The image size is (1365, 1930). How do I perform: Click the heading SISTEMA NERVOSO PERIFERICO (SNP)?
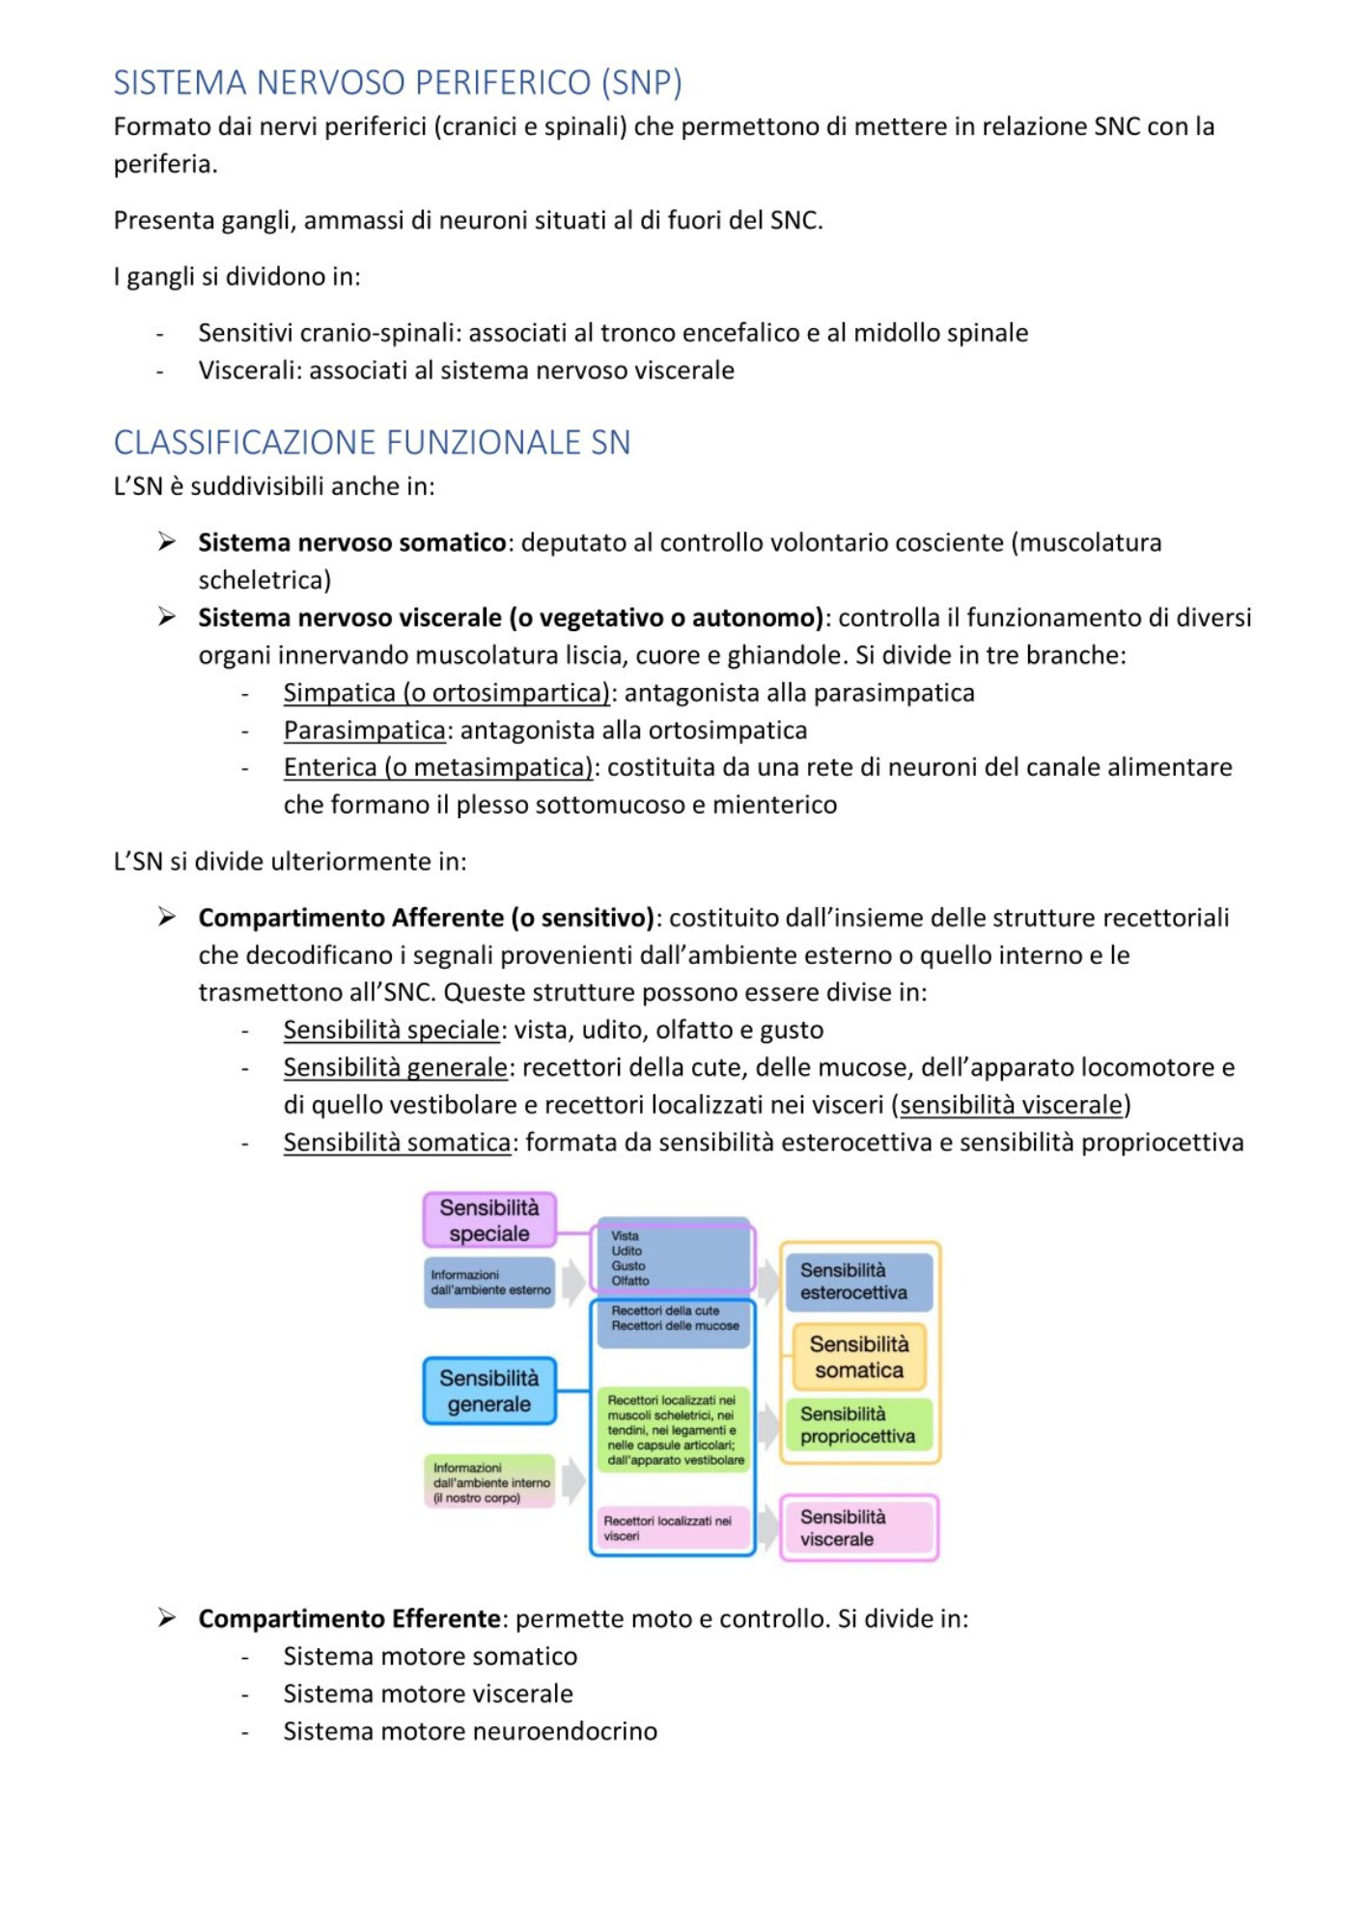pyautogui.click(x=398, y=83)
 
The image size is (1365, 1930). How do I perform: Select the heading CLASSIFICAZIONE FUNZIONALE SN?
pyautogui.click(x=372, y=442)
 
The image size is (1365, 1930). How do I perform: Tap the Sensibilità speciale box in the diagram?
pyautogui.click(x=489, y=1220)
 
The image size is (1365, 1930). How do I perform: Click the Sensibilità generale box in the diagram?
pyautogui.click(x=489, y=1391)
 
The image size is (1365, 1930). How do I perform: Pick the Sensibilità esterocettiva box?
pyautogui.click(x=858, y=1282)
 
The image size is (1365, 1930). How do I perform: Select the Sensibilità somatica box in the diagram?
pyautogui.click(x=858, y=1357)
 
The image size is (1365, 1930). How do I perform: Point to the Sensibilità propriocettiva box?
pyautogui.click(x=858, y=1424)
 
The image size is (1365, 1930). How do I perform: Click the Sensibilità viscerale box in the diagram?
pyautogui.click(x=858, y=1528)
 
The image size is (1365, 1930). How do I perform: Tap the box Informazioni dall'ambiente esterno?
pyautogui.click(x=489, y=1282)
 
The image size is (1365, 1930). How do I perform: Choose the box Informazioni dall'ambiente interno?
pyautogui.click(x=489, y=1482)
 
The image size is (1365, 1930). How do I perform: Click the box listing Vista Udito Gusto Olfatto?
pyautogui.click(x=673, y=1257)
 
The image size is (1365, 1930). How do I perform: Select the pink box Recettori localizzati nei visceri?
pyautogui.click(x=673, y=1528)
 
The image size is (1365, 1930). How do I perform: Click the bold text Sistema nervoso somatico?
pyautogui.click(x=351, y=542)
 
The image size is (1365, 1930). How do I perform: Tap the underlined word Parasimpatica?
pyautogui.click(x=364, y=731)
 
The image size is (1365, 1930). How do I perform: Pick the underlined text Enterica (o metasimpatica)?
pyautogui.click(x=437, y=767)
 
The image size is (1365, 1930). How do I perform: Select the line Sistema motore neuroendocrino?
pyautogui.click(x=469, y=1731)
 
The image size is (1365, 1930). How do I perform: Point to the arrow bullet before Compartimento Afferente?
pyautogui.click(x=167, y=917)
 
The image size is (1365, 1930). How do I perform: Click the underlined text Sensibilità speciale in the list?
pyautogui.click(x=391, y=1030)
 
